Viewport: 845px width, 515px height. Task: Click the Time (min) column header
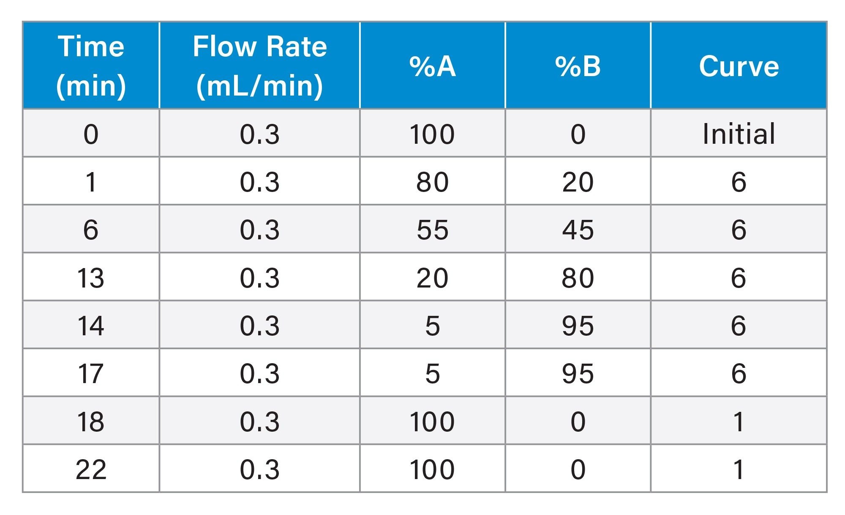pos(91,66)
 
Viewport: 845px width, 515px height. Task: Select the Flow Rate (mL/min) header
pos(259,66)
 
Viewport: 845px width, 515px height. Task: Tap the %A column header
pos(432,66)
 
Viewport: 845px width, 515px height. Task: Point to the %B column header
pos(578,66)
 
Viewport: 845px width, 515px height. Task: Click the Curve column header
pos(739,66)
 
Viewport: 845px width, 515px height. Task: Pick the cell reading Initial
pos(739,134)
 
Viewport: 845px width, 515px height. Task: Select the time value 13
pos(91,278)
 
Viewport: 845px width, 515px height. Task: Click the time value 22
pos(91,469)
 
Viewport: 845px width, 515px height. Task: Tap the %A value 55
pos(432,230)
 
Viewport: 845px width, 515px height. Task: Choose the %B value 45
pos(578,230)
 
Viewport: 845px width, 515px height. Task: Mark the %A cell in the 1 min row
pos(432,182)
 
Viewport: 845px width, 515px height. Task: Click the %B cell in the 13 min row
pos(578,278)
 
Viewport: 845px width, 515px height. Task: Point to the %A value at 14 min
pos(432,326)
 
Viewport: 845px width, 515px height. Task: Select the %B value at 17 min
pos(578,374)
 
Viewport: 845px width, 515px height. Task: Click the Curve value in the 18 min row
pos(739,422)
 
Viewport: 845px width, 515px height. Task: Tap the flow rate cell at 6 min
pos(259,230)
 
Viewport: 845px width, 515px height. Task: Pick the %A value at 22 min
pos(432,469)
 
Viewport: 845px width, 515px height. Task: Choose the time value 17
pos(91,374)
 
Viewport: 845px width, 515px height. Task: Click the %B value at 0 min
pos(578,134)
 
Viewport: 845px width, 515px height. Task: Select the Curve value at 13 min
pos(739,278)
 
